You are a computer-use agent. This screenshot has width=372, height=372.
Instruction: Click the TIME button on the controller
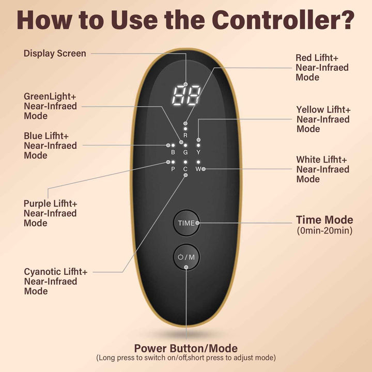point(187,223)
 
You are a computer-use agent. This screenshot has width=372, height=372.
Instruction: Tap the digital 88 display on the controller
point(186,96)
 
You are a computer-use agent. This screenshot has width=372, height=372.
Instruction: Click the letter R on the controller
point(185,135)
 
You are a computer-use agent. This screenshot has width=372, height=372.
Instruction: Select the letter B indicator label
point(173,152)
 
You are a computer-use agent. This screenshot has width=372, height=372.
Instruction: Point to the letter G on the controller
point(185,152)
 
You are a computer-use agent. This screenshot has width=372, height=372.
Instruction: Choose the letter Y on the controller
point(198,152)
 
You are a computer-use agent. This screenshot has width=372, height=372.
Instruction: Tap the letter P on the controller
point(173,169)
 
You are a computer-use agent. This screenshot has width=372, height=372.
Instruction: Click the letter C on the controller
point(185,169)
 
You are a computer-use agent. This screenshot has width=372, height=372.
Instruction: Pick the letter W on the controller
point(198,169)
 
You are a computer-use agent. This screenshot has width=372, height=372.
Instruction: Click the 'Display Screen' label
point(55,54)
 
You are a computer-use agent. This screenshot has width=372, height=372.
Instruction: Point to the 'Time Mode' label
point(324,220)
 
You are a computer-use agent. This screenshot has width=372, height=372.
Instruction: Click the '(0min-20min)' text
point(324,230)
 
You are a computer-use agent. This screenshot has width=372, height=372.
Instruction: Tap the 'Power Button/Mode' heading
point(186,348)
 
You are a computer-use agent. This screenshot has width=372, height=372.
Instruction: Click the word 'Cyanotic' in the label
point(42,272)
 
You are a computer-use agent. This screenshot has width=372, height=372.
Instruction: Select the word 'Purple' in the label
point(37,204)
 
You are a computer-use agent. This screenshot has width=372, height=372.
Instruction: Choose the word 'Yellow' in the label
point(310,110)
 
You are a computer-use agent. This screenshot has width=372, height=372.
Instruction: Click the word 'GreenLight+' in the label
point(50,97)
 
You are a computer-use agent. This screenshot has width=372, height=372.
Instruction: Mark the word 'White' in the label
point(307,160)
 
